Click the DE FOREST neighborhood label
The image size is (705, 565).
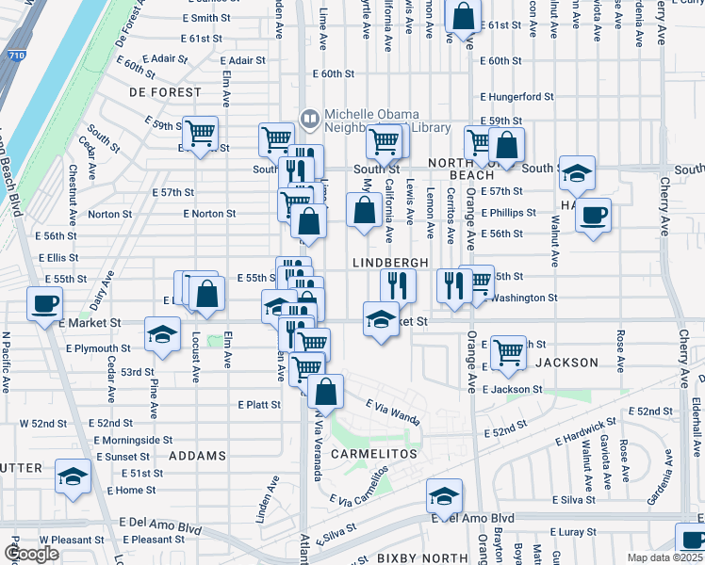click(x=165, y=92)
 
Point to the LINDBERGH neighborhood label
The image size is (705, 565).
click(x=391, y=262)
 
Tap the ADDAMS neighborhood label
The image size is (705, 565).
click(x=198, y=455)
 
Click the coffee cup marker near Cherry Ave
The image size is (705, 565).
click(x=593, y=216)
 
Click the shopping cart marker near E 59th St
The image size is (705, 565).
click(x=201, y=135)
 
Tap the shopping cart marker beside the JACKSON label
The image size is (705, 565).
click(x=509, y=352)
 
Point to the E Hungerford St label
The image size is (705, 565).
click(x=516, y=96)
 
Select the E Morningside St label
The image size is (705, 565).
click(x=132, y=440)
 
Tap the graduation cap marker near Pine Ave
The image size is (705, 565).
click(x=162, y=334)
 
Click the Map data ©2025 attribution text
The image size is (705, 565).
click(x=665, y=557)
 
